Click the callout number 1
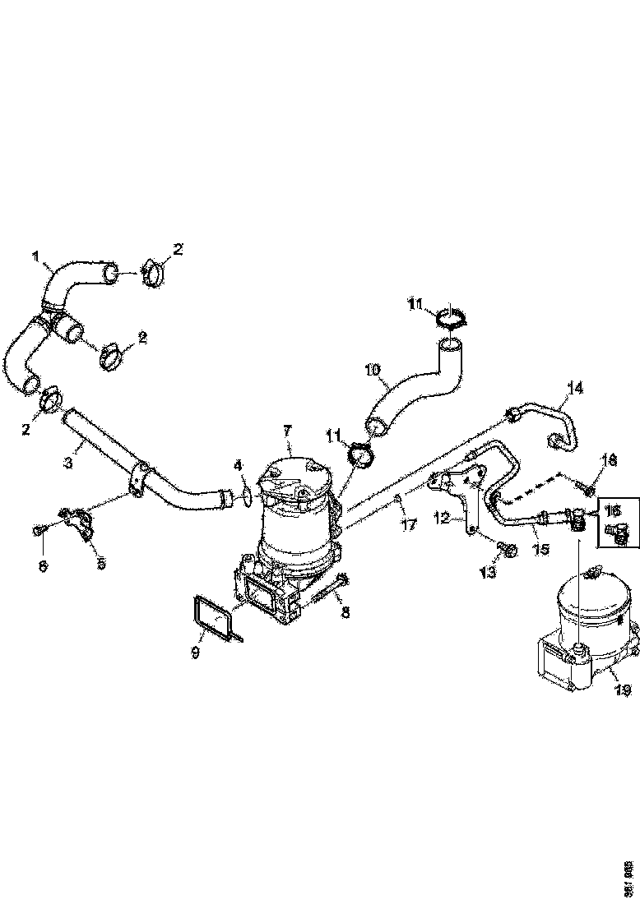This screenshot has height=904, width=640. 36,257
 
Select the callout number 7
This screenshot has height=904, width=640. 287,430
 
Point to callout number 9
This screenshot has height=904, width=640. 196,630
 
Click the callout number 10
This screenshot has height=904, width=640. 372,370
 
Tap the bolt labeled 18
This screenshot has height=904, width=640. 587,491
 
